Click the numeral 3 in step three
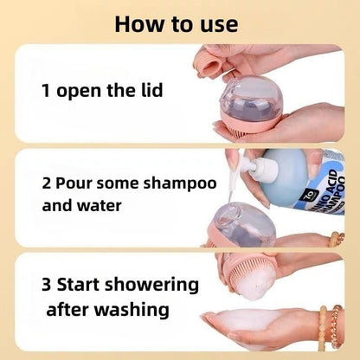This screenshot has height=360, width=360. point(46,285)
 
